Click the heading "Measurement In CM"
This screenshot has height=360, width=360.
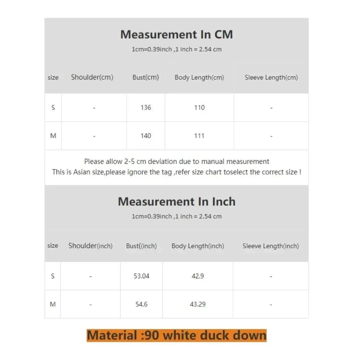tap(176, 35)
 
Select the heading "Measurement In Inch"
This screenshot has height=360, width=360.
tap(176, 202)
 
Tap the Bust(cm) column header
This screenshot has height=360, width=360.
tap(145, 77)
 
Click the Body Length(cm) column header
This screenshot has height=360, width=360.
tap(199, 77)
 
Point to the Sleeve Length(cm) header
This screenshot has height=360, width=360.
tap(271, 77)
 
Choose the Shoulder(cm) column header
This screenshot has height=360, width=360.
tap(92, 77)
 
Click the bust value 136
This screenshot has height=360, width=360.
tap(146, 107)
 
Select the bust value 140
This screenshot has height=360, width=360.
tap(146, 136)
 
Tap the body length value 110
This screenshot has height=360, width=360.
tap(199, 107)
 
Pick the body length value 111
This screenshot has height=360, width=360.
tap(199, 136)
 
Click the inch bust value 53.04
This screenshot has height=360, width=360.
tap(141, 276)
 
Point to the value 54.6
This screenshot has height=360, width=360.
tap(141, 304)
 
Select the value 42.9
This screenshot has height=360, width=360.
tap(198, 276)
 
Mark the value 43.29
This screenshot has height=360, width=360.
tap(198, 304)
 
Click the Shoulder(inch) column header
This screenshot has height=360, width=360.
tap(90, 246)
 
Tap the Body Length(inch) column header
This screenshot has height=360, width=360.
tap(198, 246)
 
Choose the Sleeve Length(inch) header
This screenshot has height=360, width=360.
tap(271, 246)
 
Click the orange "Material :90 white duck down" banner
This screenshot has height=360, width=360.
tap(176, 336)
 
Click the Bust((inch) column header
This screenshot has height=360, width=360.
tap(141, 246)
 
